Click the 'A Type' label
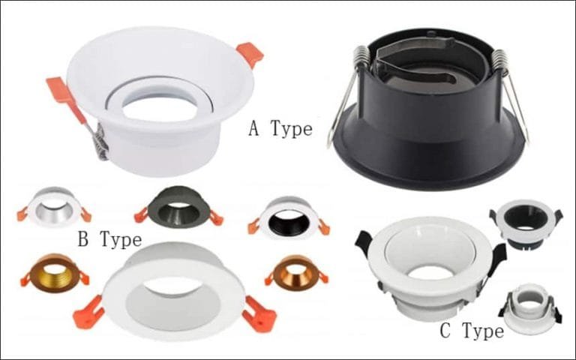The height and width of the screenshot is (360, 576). (280, 129)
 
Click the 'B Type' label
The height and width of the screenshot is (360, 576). (109, 240)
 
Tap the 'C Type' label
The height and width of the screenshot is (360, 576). (471, 330)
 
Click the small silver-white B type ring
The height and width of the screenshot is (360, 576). (53, 205)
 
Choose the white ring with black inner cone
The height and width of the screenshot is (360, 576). (289, 217)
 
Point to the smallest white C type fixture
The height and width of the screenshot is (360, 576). (530, 307)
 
